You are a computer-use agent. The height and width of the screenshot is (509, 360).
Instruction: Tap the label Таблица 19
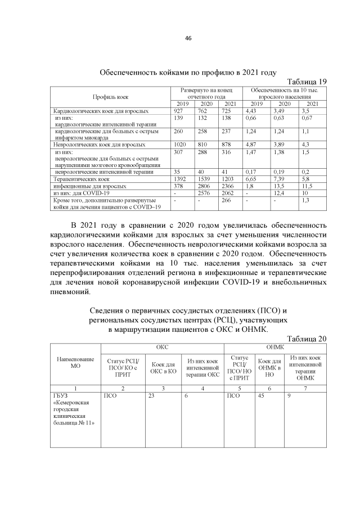(x=307, y=81)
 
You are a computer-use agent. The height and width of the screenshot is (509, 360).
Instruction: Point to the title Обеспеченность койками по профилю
(x=188, y=73)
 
